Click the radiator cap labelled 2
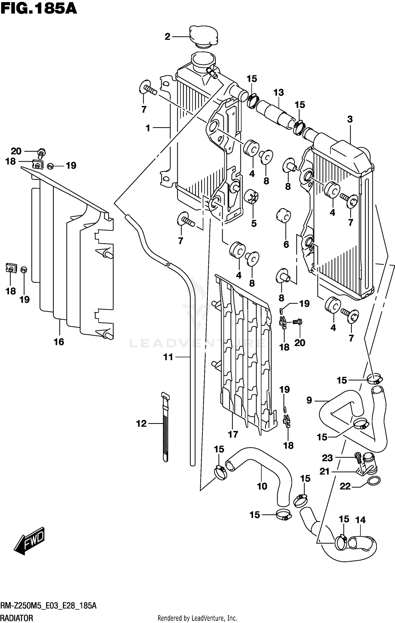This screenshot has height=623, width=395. click(x=204, y=37)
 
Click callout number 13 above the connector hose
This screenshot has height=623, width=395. click(x=279, y=92)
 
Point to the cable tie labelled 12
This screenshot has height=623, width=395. click(x=165, y=427)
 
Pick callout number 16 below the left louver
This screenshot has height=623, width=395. click(x=59, y=342)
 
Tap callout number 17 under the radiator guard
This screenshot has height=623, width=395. click(x=233, y=434)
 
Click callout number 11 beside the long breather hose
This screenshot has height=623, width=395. click(x=168, y=357)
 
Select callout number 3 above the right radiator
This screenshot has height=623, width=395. click(x=350, y=119)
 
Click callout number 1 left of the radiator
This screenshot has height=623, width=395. click(x=148, y=128)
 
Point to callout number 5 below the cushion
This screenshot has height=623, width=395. click(x=254, y=223)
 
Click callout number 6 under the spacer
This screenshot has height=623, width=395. click(x=286, y=244)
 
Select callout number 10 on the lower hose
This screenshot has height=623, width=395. click(x=262, y=486)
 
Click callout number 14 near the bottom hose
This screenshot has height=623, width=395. click(x=361, y=520)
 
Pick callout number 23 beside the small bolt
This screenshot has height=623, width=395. click(x=327, y=458)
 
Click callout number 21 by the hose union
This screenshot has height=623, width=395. click(x=324, y=471)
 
